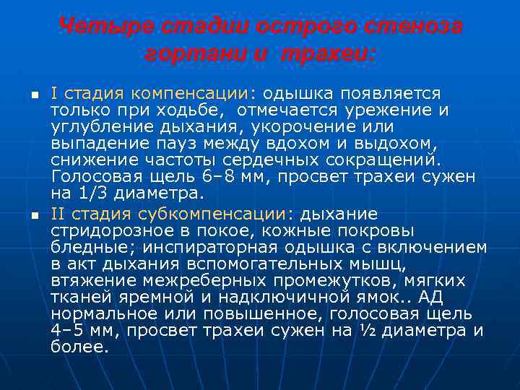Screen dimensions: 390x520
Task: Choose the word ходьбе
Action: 188,110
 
